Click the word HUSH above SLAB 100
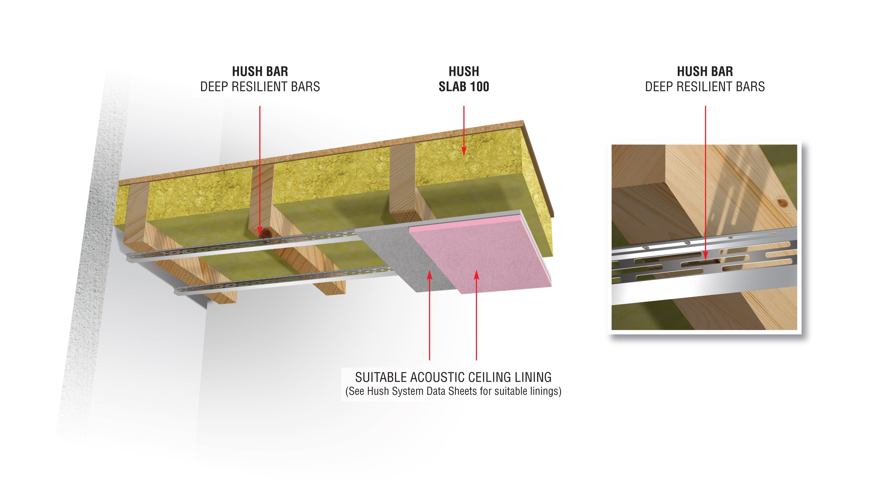(464, 72)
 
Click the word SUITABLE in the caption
(381, 377)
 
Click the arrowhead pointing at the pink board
(476, 275)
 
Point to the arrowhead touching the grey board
(429, 275)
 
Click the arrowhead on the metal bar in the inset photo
(705, 255)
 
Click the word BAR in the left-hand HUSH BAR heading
(277, 72)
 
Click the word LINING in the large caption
(533, 377)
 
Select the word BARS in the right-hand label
(755, 87)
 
